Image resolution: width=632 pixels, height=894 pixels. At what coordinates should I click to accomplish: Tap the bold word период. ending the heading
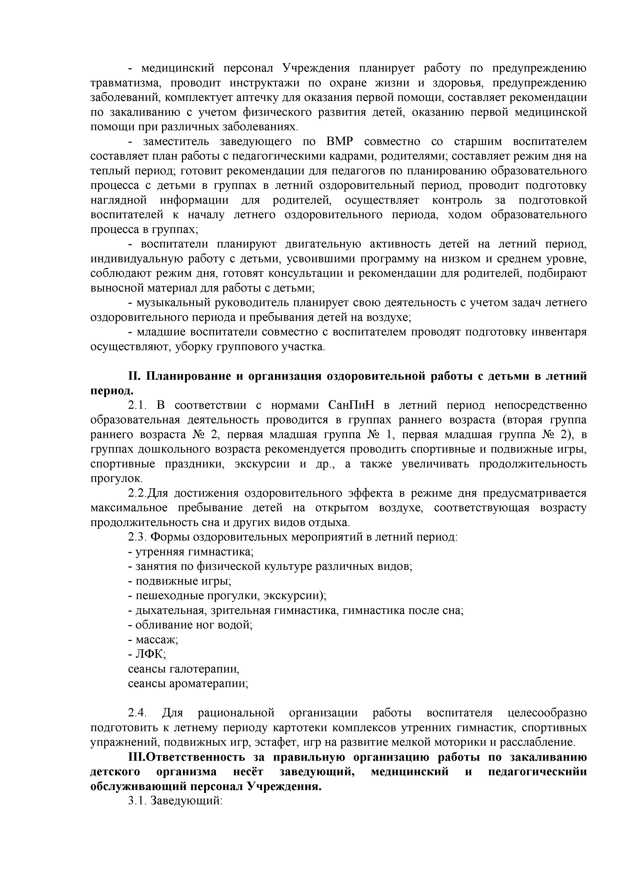click(112, 390)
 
